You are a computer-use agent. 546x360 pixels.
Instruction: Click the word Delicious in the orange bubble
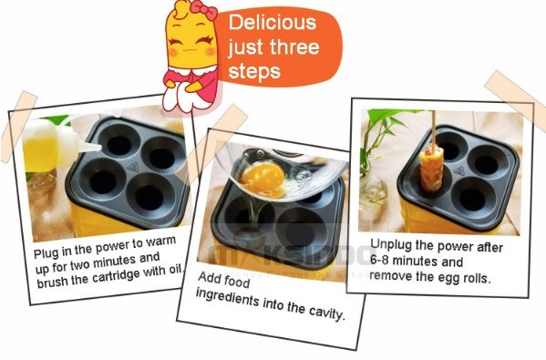273,22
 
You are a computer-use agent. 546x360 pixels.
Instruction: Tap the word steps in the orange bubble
254,71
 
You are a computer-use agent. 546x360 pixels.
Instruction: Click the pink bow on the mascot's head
203,9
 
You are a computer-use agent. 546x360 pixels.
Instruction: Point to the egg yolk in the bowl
263,179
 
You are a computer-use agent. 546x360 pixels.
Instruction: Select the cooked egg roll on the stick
431,169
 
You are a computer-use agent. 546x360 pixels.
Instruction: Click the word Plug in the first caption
46,252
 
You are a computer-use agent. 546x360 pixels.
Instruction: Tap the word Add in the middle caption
210,278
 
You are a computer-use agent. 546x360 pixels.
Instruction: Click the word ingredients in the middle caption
228,297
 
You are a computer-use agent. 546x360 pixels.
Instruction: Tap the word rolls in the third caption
476,278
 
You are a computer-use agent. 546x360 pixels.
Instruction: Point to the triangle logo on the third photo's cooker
458,171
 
